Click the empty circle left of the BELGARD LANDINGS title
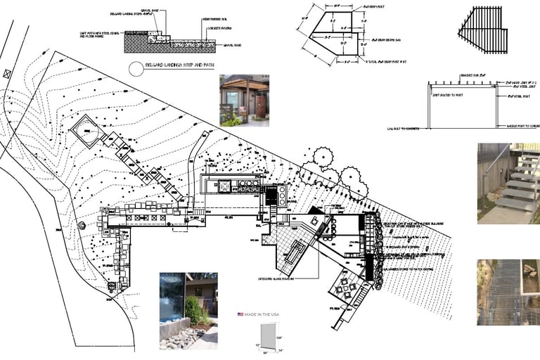pos(135,68)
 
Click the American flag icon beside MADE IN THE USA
pos(240,314)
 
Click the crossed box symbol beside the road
pos(8,73)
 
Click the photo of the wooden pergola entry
pos(244,100)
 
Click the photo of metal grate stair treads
pos(508,184)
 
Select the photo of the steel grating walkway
pos(508,292)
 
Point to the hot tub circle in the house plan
pos(226,186)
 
